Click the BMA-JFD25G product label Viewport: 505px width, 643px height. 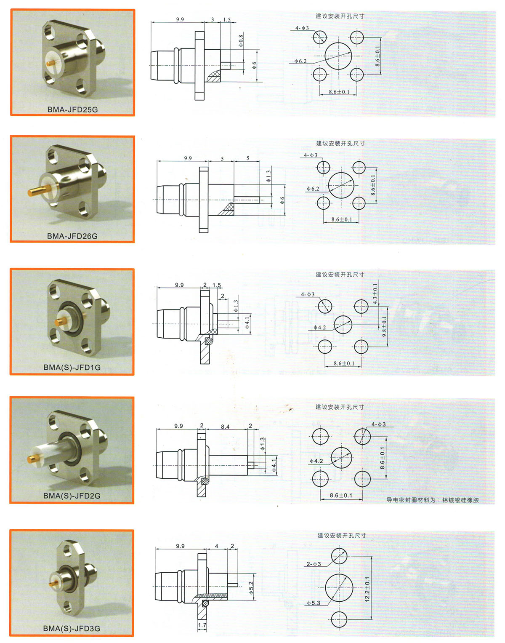pos(72,109)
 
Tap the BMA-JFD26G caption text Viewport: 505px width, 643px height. pos(72,236)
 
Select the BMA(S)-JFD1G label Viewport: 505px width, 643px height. pos(72,368)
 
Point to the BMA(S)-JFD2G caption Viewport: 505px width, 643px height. pos(72,496)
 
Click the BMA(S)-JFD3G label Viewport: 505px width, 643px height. pos(72,629)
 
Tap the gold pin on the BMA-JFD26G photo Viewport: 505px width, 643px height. pos(38,191)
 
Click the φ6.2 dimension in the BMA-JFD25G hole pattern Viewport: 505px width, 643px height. pos(300,61)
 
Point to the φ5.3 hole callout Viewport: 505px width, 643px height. pos(314,603)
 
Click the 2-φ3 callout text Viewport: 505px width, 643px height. pos(314,564)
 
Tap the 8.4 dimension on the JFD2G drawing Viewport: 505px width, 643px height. pos(225,427)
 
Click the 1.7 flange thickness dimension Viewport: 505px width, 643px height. pos(202,625)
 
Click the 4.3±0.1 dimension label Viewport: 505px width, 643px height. pos(375,294)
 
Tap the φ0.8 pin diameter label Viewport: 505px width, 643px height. pos(241,41)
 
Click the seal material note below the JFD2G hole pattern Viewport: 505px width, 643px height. pos(433,500)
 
